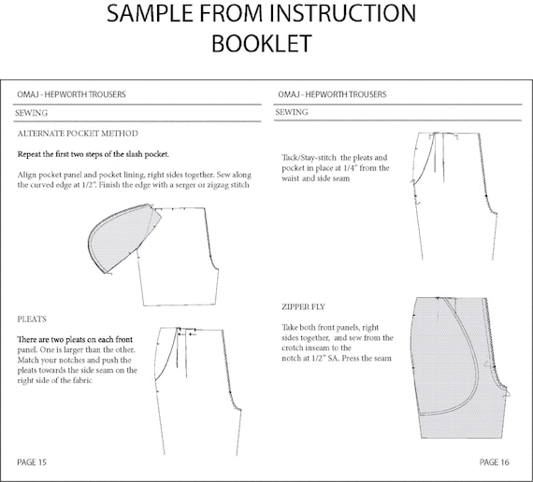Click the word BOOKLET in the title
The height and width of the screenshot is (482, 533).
coord(262,43)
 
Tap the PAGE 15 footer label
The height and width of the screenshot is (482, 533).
coord(32,462)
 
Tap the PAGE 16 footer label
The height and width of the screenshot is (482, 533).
coord(495,462)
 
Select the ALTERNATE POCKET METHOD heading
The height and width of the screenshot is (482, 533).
coord(78,134)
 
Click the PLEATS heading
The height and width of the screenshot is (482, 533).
coord(32,319)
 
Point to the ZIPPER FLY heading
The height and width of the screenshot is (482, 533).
coord(303,306)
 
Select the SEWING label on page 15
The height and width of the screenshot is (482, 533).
coord(31,113)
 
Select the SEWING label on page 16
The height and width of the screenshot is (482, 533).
coord(292,112)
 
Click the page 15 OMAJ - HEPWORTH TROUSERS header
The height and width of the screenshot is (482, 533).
coord(71,94)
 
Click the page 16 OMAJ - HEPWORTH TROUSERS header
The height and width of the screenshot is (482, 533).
coord(332,94)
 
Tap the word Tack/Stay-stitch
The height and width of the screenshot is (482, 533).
coord(309,158)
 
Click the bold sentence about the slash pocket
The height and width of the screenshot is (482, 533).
coord(94,154)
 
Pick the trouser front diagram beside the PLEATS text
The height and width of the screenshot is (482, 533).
coord(198,391)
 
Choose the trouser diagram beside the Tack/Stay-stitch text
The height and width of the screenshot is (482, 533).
coord(454,196)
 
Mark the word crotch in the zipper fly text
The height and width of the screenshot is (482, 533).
coord(292,348)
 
